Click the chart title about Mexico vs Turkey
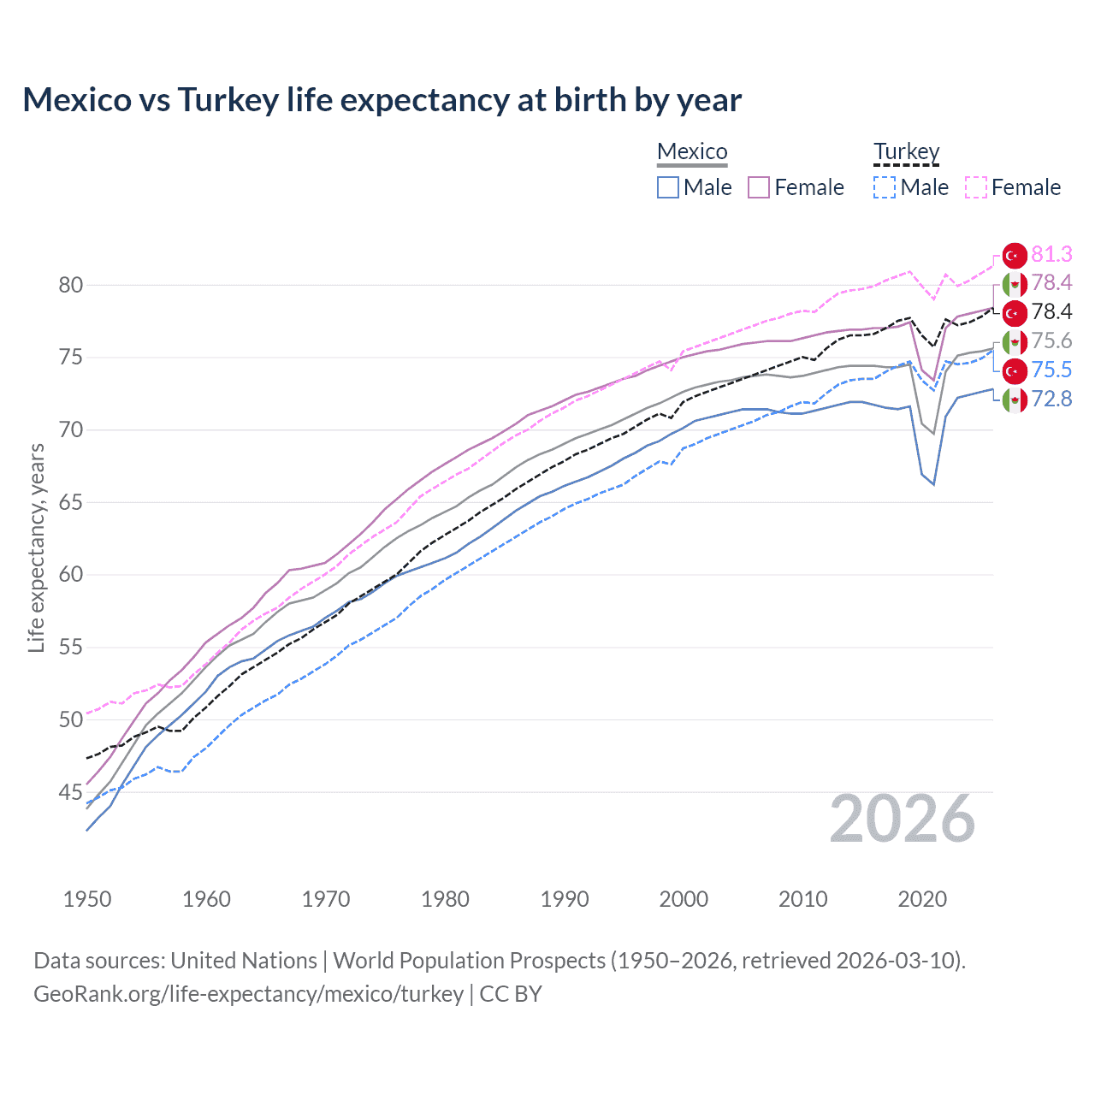coord(382,100)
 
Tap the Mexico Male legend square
coord(668,187)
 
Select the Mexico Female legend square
coord(759,187)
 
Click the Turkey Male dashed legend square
coord(885,187)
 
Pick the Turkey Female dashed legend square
coord(975,187)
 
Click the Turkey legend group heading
coord(906,151)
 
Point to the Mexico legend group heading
coord(692,151)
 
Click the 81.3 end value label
coord(1051,254)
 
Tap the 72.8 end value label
coord(1051,399)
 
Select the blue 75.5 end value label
coord(1051,370)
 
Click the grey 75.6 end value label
coord(1051,340)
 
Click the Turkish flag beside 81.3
coord(1014,255)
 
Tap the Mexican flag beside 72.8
coord(1014,400)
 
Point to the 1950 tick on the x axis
coord(87,899)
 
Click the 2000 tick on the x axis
coord(684,899)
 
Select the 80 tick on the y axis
coord(71,285)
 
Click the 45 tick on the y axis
coord(71,792)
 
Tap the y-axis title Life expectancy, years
coord(36,547)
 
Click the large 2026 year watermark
coord(903,820)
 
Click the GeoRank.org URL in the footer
coord(248,994)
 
